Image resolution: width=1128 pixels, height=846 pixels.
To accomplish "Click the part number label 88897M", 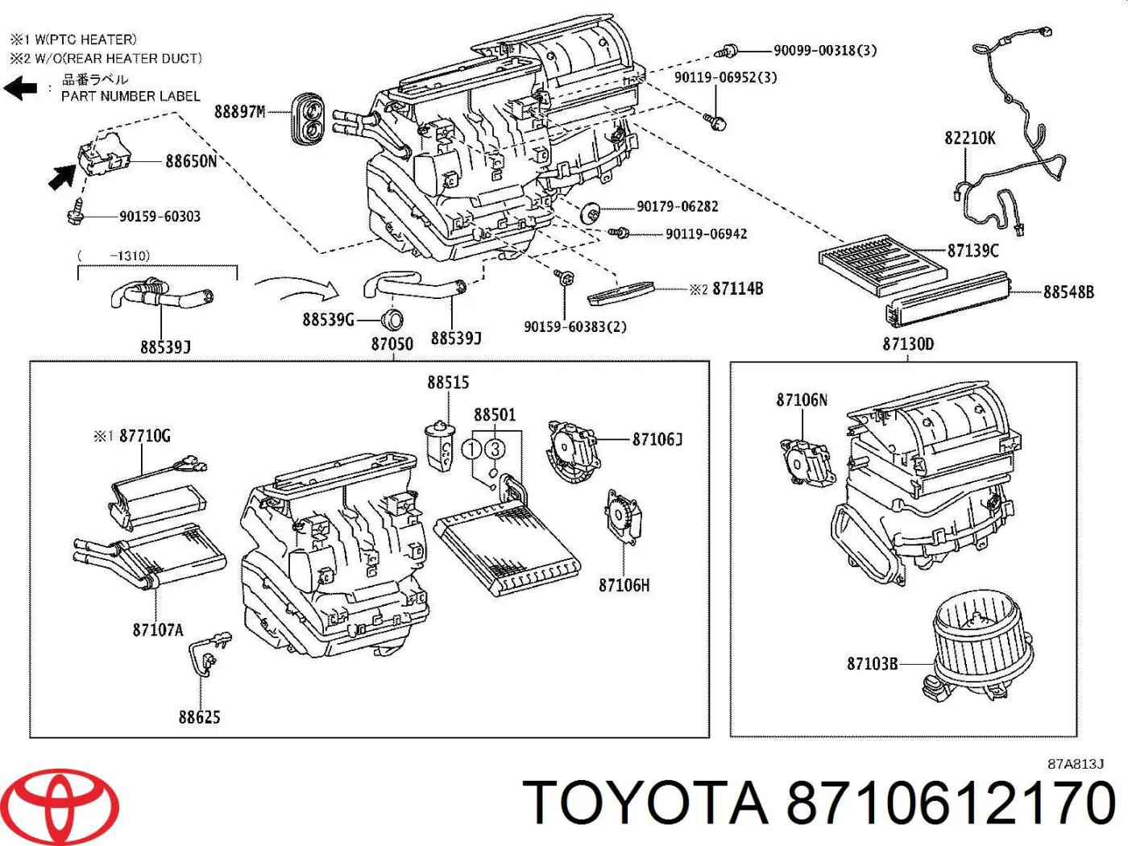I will tap(239, 111).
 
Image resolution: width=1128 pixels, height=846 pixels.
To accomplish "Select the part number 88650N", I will tap(191, 161).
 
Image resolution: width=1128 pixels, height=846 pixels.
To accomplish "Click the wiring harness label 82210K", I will tap(969, 138).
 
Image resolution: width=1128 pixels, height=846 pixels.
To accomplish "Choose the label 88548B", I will tap(1068, 292).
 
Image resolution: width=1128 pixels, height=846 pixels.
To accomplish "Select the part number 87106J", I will tap(657, 439).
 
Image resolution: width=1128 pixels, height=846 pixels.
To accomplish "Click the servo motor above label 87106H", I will tap(622, 516).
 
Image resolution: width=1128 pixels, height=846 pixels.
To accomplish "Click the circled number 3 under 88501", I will tap(495, 450).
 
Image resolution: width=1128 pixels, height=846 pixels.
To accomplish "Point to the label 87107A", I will tap(158, 629).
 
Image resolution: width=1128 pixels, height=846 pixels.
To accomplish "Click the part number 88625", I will tap(199, 716).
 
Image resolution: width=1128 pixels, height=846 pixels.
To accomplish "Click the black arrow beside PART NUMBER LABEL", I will tap(21, 87).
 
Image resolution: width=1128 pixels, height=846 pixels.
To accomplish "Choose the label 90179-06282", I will tap(677, 206).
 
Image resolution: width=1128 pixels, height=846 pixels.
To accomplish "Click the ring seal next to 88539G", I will tap(392, 320).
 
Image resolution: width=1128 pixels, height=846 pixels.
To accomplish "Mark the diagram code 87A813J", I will tap(1075, 764).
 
